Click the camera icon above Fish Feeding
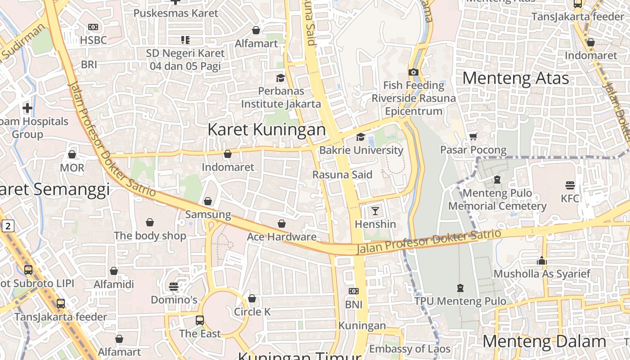click(x=413, y=72)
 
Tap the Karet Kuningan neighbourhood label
click(x=266, y=130)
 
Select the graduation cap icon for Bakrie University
click(x=360, y=137)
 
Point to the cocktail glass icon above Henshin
click(x=375, y=211)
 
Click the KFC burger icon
click(x=570, y=185)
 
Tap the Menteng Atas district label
click(x=516, y=78)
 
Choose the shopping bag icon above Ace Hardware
click(x=282, y=224)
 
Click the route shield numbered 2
click(x=8, y=226)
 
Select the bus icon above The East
click(x=200, y=320)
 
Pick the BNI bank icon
click(x=354, y=291)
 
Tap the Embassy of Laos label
click(x=409, y=349)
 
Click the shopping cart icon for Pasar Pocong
click(x=473, y=136)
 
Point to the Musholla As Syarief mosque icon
click(x=542, y=261)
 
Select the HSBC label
click(x=93, y=40)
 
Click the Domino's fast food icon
click(x=174, y=287)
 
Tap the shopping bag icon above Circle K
click(x=252, y=298)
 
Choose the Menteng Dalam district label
click(x=544, y=342)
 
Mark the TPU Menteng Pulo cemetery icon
click(x=460, y=288)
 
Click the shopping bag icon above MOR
click(x=72, y=154)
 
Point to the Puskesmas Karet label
click(x=176, y=13)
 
